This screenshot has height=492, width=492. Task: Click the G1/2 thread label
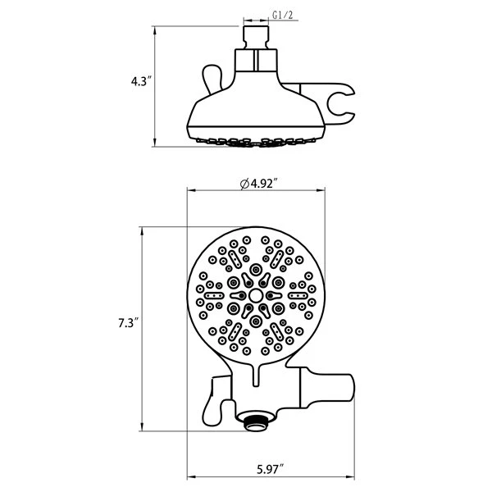(x=282, y=15)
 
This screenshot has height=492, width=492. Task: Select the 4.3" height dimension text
(x=141, y=81)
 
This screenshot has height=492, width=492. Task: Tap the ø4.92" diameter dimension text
(x=259, y=184)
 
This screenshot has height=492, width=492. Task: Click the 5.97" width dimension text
(x=270, y=469)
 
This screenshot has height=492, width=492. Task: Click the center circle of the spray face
(x=256, y=295)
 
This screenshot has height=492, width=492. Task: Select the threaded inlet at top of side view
(x=256, y=38)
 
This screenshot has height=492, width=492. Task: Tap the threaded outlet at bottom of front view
(x=256, y=422)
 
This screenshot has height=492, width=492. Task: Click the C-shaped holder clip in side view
(x=339, y=103)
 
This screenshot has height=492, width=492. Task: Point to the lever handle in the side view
(x=213, y=79)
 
